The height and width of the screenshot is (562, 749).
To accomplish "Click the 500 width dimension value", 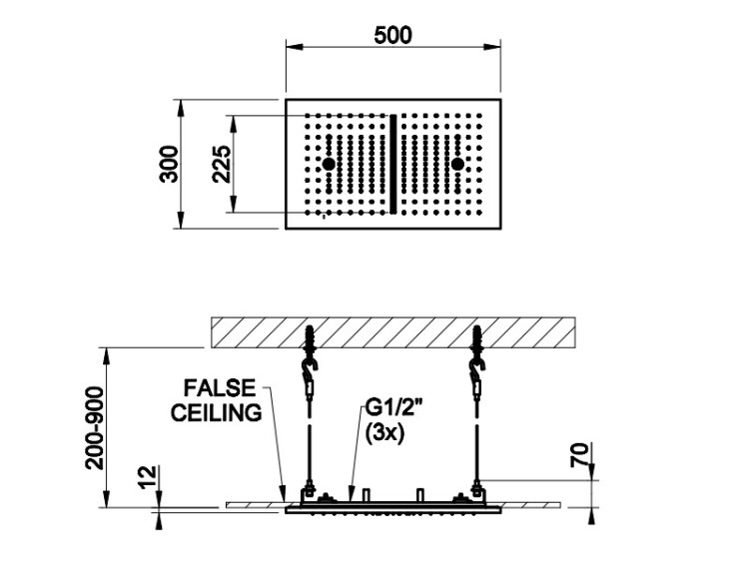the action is tap(392, 35).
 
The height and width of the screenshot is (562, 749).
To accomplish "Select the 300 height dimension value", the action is tap(169, 164).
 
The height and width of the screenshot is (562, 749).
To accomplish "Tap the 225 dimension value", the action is tap(221, 165).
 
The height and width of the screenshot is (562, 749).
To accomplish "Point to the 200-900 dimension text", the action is tap(94, 428).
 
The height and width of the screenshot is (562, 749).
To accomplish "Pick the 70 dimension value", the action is tap(579, 454).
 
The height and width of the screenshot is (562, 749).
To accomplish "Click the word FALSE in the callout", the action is tap(221, 388).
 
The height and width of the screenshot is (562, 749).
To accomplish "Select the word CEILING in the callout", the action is tap(217, 412).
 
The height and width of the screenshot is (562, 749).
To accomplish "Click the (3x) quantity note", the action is tap(384, 433).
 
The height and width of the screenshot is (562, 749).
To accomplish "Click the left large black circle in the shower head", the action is tap(329, 164).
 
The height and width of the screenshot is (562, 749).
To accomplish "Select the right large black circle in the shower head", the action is tap(457, 164).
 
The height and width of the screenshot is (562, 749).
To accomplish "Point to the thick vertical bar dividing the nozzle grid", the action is tap(393, 164).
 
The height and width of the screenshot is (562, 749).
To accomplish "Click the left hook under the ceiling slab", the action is tap(311, 367).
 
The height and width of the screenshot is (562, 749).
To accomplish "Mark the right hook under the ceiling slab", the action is tap(477, 367).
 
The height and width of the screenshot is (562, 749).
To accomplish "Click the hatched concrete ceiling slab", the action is tap(393, 332).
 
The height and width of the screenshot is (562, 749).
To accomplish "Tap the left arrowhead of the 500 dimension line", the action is tap(295, 47).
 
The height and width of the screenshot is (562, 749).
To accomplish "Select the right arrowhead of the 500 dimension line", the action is tap(492, 47).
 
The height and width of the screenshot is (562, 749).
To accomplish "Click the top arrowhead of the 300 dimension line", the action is tap(181, 108).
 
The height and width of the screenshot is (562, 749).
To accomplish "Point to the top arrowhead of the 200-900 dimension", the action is tap(107, 356).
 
